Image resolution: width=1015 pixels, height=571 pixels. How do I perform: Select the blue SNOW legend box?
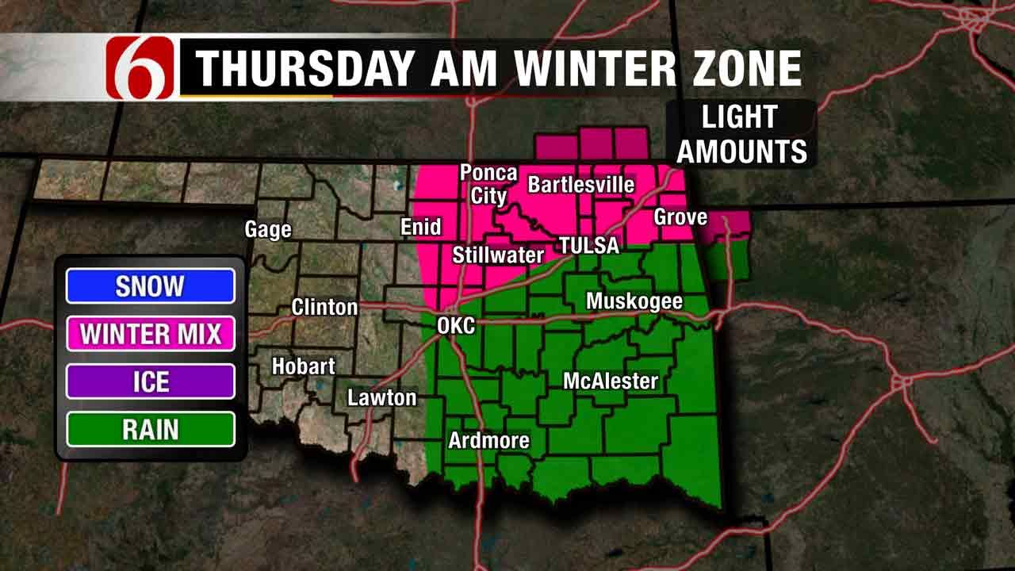(151, 286)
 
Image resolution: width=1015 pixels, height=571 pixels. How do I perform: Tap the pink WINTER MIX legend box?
(151, 334)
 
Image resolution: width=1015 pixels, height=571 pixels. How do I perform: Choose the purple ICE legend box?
(151, 381)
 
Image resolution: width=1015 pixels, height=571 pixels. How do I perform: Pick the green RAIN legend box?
(151, 429)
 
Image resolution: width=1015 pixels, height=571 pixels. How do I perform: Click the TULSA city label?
(588, 245)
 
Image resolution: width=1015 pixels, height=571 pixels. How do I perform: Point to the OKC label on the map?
(456, 325)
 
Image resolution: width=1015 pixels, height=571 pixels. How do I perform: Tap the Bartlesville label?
(581, 185)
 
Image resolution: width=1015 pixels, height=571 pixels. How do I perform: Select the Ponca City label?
(488, 184)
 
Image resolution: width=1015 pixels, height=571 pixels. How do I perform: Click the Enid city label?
(420, 228)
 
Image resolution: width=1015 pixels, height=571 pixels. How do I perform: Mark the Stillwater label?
(498, 255)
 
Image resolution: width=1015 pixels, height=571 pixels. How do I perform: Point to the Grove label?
(680, 217)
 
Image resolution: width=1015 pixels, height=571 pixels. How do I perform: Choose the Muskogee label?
(634, 302)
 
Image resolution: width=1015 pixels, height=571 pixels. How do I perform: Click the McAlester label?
(611, 381)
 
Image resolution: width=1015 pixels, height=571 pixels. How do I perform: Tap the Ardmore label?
(488, 441)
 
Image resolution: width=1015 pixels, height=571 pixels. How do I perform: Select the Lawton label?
(382, 397)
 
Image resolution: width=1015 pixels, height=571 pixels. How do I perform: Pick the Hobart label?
(303, 366)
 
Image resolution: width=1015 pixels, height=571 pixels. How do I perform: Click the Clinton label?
(324, 307)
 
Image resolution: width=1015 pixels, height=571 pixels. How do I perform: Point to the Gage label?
(268, 230)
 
